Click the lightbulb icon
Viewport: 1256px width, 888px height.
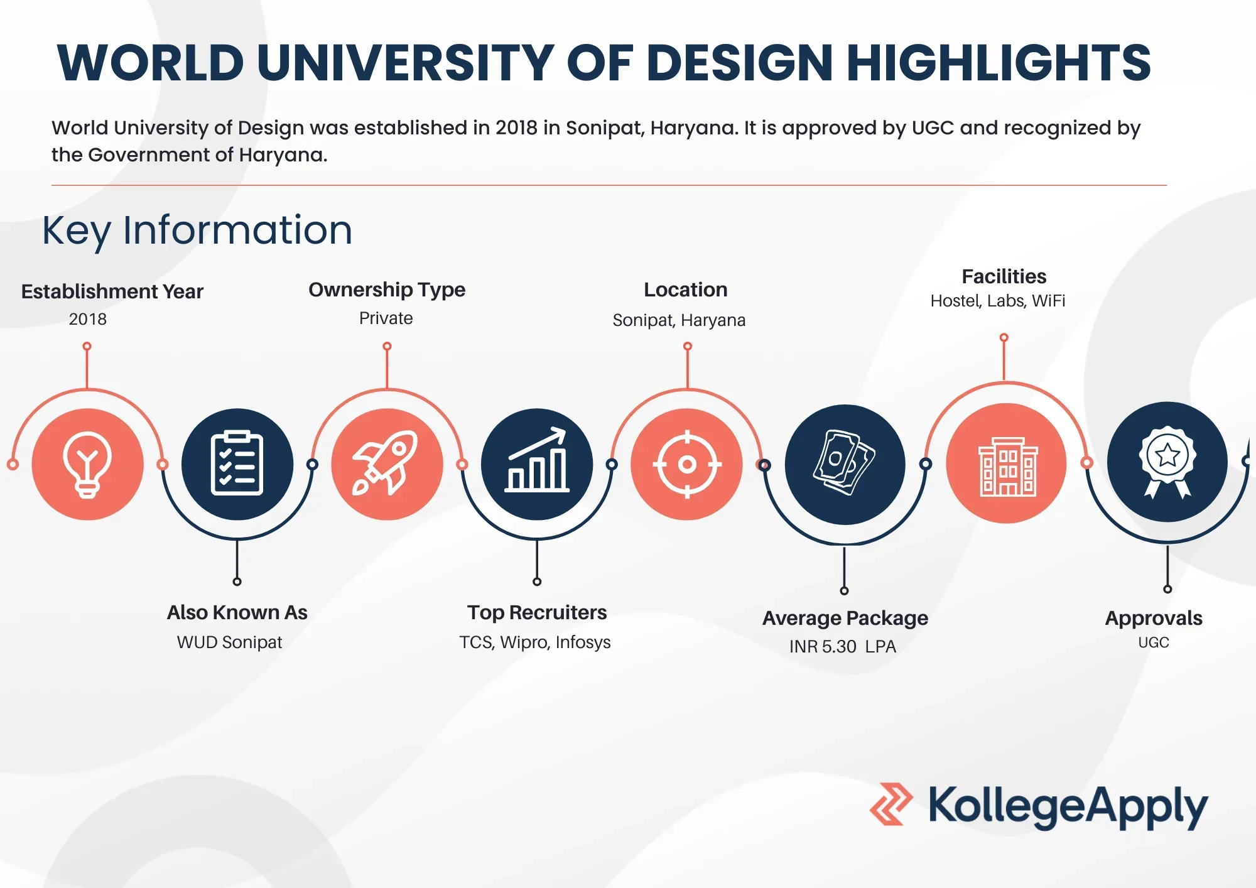coord(87,465)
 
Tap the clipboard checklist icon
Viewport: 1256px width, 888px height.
coord(237,464)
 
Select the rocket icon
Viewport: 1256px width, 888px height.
coord(387,463)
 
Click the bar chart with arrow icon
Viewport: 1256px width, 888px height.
coord(537,461)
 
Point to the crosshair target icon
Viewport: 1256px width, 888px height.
coord(687,465)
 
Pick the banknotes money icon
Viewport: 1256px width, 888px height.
coord(845,463)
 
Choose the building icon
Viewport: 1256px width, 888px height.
coord(1007,465)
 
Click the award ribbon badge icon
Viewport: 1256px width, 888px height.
coord(1167,462)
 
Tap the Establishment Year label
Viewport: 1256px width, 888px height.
coord(112,291)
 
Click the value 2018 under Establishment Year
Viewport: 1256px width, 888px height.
coord(88,319)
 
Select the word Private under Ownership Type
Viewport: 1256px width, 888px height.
coord(386,318)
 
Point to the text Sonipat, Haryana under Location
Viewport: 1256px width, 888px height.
coord(679,320)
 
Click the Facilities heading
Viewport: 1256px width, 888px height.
coord(1004,276)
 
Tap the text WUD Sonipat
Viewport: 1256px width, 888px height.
coord(229,642)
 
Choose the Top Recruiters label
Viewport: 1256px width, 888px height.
coord(537,612)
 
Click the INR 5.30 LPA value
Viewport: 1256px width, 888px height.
coord(842,646)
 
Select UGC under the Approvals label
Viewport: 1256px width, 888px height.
coord(1154,642)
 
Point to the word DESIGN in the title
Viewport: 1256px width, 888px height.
coord(739,63)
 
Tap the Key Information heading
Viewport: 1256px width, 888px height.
coord(197,230)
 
